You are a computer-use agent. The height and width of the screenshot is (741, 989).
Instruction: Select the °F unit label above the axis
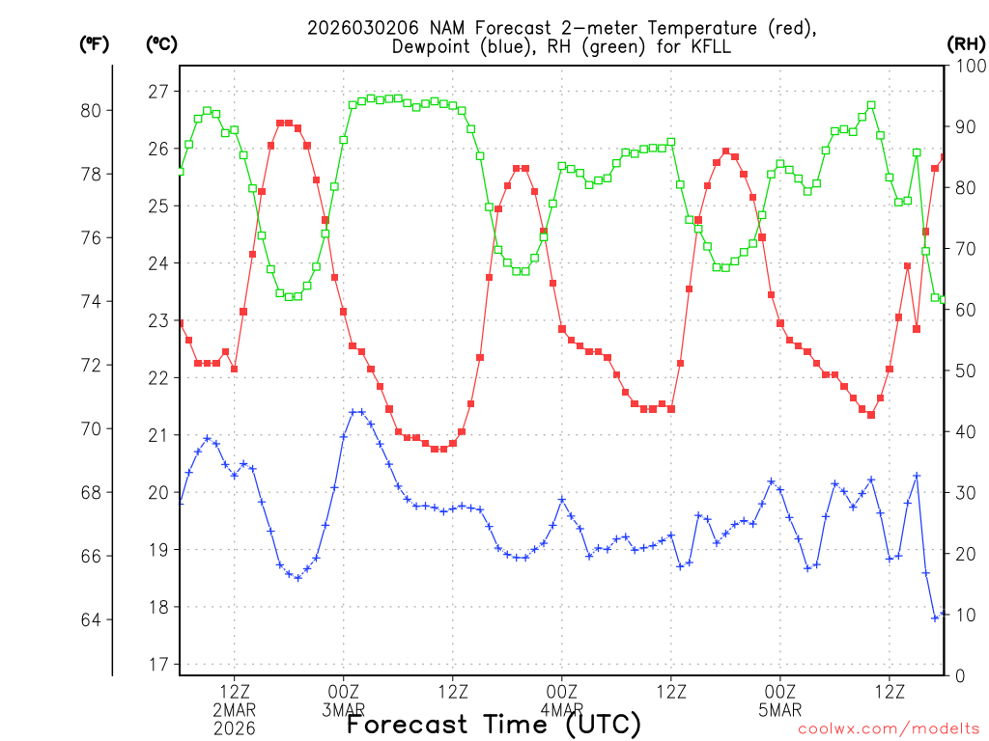coord(95,43)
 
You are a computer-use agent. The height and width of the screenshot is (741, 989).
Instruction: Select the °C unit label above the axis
coord(161,43)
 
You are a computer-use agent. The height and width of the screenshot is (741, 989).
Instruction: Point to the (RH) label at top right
coord(965,43)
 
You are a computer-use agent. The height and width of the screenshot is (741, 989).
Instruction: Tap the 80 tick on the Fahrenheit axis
coord(94,110)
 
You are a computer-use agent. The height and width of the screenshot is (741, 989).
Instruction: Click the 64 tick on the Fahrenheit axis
coord(94,619)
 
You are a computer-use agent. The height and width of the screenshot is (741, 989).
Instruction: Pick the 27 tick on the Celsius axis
coord(157,92)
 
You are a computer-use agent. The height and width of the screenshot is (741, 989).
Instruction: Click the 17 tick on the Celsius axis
coord(157,665)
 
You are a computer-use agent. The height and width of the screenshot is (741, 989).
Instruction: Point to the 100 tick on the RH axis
coord(967,66)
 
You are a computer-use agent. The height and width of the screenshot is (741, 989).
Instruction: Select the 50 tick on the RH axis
coord(963,370)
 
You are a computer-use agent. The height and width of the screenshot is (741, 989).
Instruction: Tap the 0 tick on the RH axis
coord(959,675)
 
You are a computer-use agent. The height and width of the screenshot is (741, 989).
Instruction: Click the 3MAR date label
coord(343,710)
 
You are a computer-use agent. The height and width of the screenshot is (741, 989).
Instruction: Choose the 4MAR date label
coord(562,710)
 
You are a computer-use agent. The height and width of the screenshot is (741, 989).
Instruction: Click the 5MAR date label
coord(780,710)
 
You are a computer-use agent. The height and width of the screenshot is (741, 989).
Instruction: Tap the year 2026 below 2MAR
coord(234,728)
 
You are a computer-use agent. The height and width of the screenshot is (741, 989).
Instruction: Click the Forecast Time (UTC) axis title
coord(494,724)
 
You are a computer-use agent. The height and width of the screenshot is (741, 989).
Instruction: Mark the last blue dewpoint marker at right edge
coord(944,613)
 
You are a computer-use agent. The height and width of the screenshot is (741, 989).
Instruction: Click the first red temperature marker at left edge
coord(180,323)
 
